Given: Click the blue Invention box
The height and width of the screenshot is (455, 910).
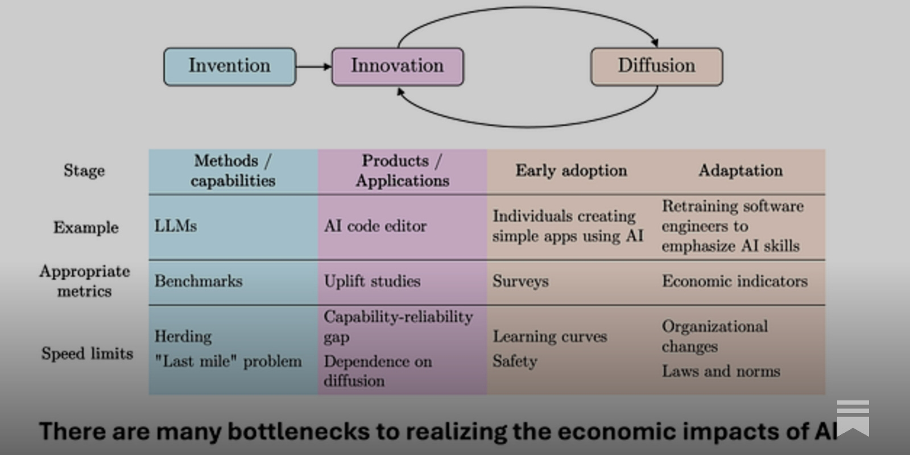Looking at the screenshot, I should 230,67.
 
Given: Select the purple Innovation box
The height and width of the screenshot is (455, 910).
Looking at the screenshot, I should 397,67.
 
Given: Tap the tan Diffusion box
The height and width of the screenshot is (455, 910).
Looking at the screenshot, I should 656,67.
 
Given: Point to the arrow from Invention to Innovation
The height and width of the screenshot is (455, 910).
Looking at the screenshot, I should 313,67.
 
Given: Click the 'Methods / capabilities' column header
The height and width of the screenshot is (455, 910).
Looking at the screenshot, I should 233,171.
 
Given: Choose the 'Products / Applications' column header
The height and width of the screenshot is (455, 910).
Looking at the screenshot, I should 402,171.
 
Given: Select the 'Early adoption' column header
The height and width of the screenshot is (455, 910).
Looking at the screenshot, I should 571,171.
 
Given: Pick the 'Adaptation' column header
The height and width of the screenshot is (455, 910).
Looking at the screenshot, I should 741,171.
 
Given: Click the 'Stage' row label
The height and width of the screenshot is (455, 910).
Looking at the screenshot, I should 84,171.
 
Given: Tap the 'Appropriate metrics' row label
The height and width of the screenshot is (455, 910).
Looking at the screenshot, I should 85,281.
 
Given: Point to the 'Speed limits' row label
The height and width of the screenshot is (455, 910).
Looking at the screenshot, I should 87,353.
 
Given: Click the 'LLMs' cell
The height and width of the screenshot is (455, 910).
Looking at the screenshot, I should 176,226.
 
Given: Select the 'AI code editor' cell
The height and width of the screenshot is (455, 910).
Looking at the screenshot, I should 375,226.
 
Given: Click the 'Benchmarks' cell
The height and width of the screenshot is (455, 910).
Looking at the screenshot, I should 198,281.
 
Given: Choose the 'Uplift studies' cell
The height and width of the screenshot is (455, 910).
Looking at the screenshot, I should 372,281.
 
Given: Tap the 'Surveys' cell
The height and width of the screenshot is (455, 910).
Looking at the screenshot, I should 520,281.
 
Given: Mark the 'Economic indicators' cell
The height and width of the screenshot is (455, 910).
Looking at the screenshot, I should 734,281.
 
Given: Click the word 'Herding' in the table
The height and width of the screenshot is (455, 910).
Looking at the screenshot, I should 183,336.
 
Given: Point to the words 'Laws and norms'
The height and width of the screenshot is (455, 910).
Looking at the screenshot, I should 721,371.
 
